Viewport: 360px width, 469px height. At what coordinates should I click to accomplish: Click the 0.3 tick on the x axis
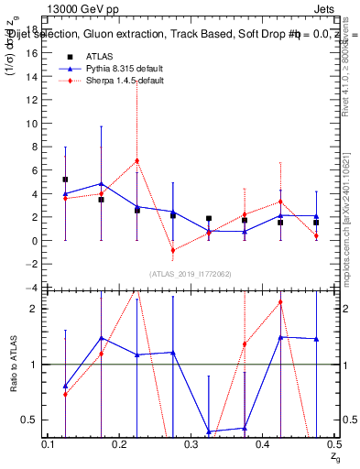tap(191, 444)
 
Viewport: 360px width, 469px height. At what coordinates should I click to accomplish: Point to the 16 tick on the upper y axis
tap(34, 53)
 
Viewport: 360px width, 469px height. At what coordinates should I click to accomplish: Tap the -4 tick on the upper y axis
tap(34, 288)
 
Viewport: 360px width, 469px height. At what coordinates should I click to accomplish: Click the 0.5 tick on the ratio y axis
tap(34, 420)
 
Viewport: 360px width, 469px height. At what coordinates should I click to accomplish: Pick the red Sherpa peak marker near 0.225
tap(136, 160)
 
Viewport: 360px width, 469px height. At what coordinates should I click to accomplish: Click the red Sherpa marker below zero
tap(172, 250)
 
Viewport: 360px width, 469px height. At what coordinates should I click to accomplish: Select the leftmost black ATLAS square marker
tap(65, 180)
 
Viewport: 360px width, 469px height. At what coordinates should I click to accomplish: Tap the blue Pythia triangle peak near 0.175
tap(101, 183)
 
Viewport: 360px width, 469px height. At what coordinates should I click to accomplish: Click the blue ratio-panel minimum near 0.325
tap(209, 431)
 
